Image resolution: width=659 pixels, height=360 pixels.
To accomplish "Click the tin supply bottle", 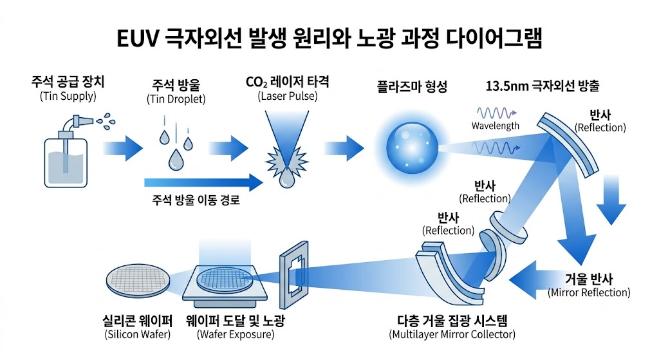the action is click(66, 160).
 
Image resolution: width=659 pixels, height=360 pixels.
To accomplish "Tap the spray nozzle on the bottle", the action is click(82, 121).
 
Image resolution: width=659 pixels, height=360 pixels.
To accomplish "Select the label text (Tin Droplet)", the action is click(176, 99).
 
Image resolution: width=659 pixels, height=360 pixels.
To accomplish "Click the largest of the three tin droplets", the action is click(176, 160).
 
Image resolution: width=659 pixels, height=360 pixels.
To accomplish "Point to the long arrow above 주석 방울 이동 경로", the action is click(203, 182).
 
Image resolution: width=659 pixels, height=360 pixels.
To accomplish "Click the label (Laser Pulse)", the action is click(288, 97).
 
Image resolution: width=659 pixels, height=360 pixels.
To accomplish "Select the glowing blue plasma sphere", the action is click(412, 148).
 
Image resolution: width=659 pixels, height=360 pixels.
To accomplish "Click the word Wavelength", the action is click(495, 126).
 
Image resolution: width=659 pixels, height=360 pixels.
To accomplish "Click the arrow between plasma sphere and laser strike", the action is click(344, 148).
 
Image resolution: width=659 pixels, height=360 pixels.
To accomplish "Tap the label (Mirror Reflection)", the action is click(589, 293).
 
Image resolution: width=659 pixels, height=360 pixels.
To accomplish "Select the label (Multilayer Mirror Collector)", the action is click(452, 335).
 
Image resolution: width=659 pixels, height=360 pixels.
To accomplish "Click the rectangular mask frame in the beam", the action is click(293, 275).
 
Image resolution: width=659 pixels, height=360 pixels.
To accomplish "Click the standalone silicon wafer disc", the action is click(138, 281).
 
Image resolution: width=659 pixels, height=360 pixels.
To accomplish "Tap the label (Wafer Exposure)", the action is click(236, 335).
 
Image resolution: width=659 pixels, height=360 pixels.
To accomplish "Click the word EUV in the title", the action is click(137, 39).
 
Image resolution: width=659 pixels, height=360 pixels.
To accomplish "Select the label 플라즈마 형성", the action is click(412, 87).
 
